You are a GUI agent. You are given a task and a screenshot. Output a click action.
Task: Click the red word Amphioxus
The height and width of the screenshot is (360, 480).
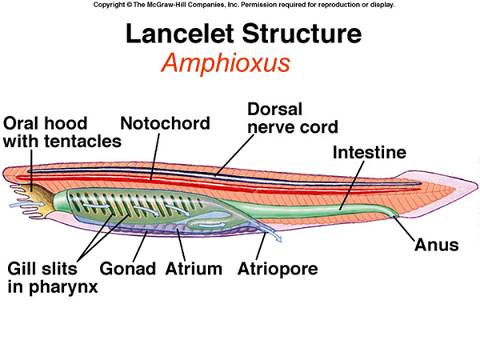click(225, 63)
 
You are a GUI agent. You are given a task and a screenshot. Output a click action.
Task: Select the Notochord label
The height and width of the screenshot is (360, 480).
click(165, 123)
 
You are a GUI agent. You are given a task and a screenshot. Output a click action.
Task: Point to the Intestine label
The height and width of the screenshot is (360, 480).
click(369, 152)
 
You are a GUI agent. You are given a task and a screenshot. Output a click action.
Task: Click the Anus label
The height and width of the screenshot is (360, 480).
click(436, 245)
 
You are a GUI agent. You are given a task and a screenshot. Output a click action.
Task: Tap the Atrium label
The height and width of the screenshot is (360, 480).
click(194, 270)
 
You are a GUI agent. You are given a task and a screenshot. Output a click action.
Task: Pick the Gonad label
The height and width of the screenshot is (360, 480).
click(128, 270)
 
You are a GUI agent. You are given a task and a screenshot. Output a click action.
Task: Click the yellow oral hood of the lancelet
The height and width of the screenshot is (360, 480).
click(34, 196)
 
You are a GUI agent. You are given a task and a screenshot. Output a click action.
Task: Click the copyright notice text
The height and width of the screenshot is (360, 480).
click(240, 5)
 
